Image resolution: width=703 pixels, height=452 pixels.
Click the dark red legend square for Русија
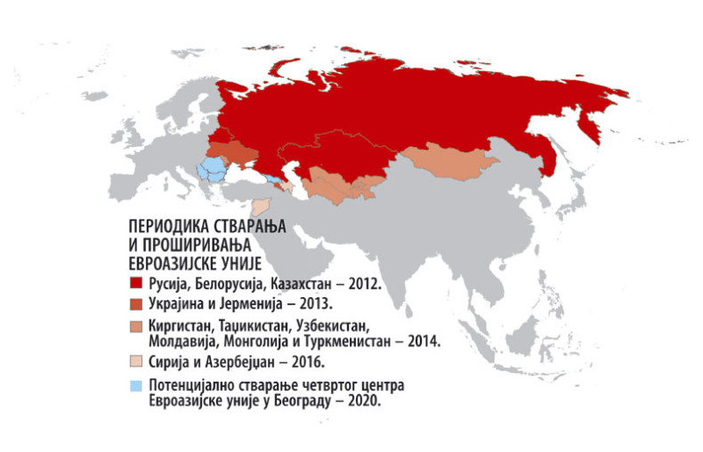click(x=135, y=283)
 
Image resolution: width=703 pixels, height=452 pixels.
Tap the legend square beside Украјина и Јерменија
click(x=135, y=302)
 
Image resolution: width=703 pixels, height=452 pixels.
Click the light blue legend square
click(x=135, y=385)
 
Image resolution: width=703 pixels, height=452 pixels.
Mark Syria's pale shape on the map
click(x=261, y=207)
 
